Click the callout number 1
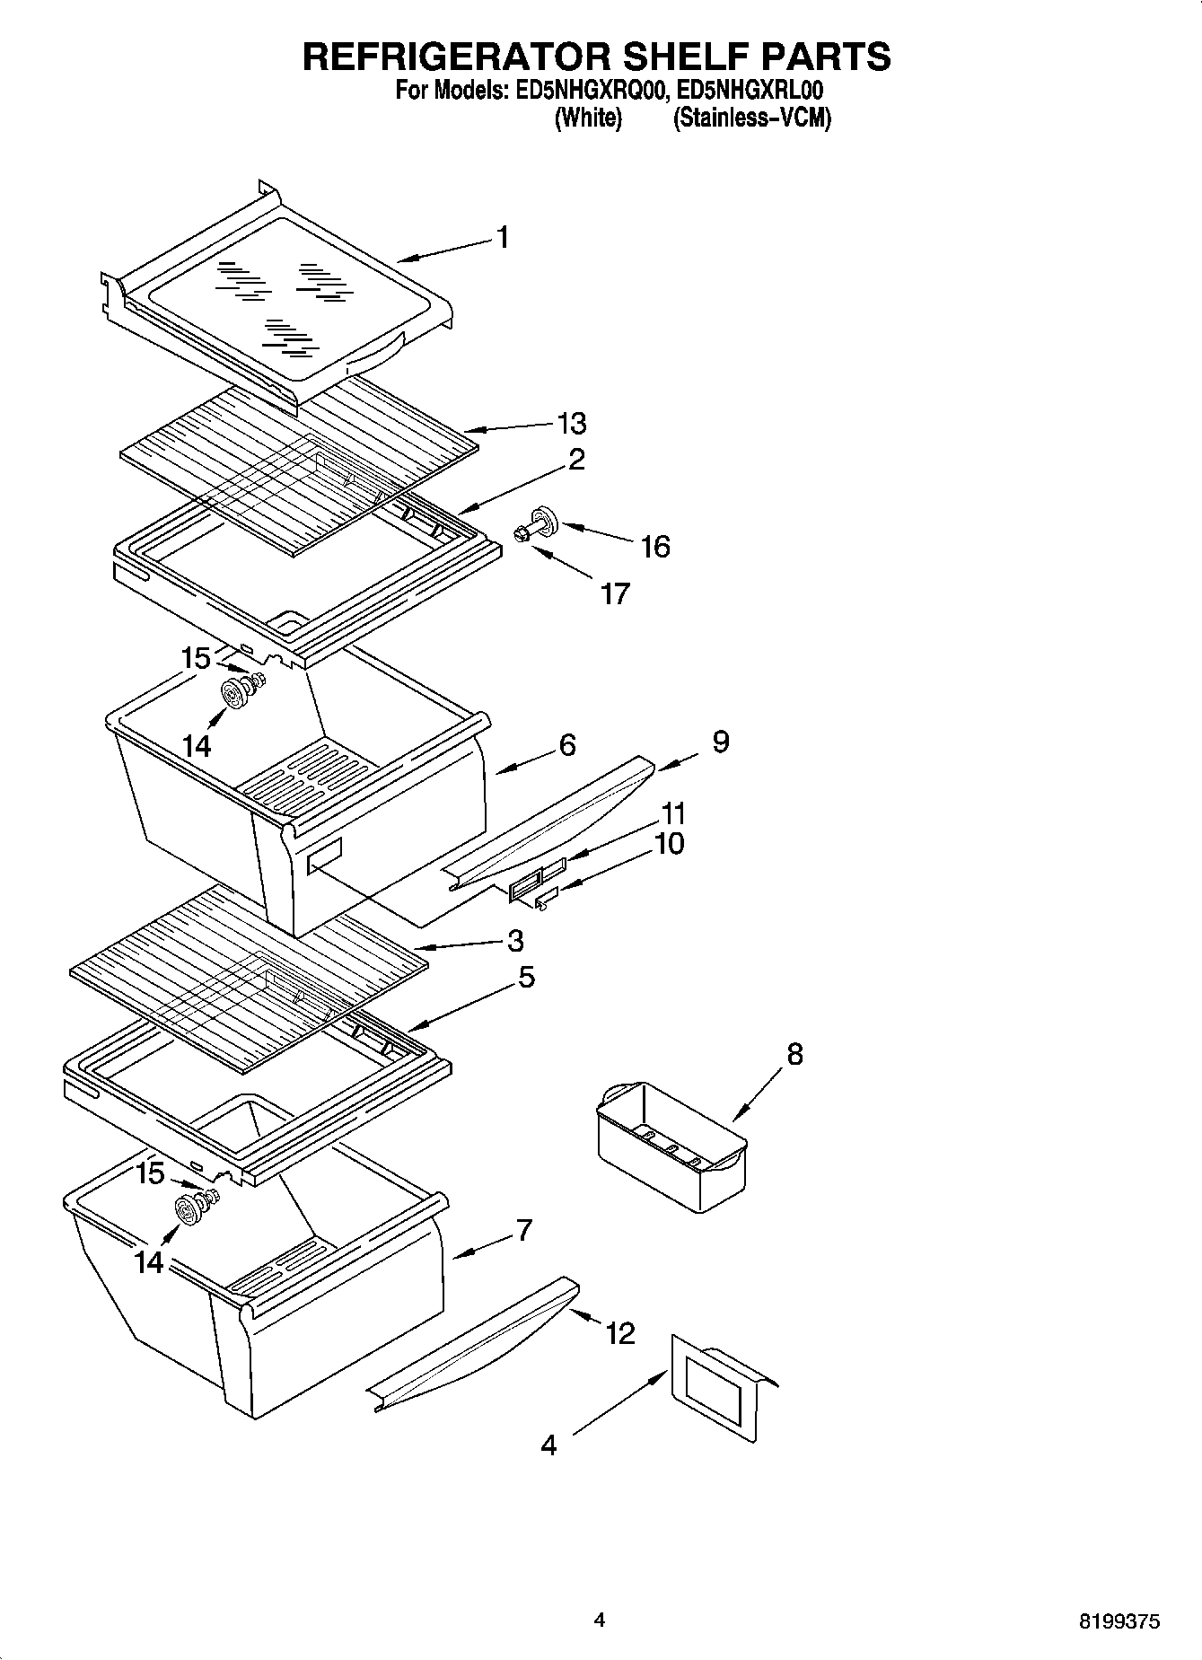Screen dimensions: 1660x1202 click(503, 238)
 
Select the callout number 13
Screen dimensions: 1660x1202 click(571, 423)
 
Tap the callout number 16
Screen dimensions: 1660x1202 click(655, 547)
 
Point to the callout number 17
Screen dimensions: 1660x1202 click(615, 593)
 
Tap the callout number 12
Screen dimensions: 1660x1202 click(620, 1333)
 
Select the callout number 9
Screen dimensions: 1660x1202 click(721, 742)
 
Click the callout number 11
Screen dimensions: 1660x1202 click(673, 813)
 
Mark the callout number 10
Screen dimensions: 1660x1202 click(670, 843)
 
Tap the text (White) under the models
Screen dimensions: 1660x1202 click(589, 118)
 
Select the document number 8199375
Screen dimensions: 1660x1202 click(1119, 1621)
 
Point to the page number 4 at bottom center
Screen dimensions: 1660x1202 click(600, 1620)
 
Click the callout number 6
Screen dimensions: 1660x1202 click(566, 745)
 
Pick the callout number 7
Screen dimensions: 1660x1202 click(524, 1229)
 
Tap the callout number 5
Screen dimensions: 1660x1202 click(526, 977)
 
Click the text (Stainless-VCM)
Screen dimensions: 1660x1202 click(752, 118)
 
